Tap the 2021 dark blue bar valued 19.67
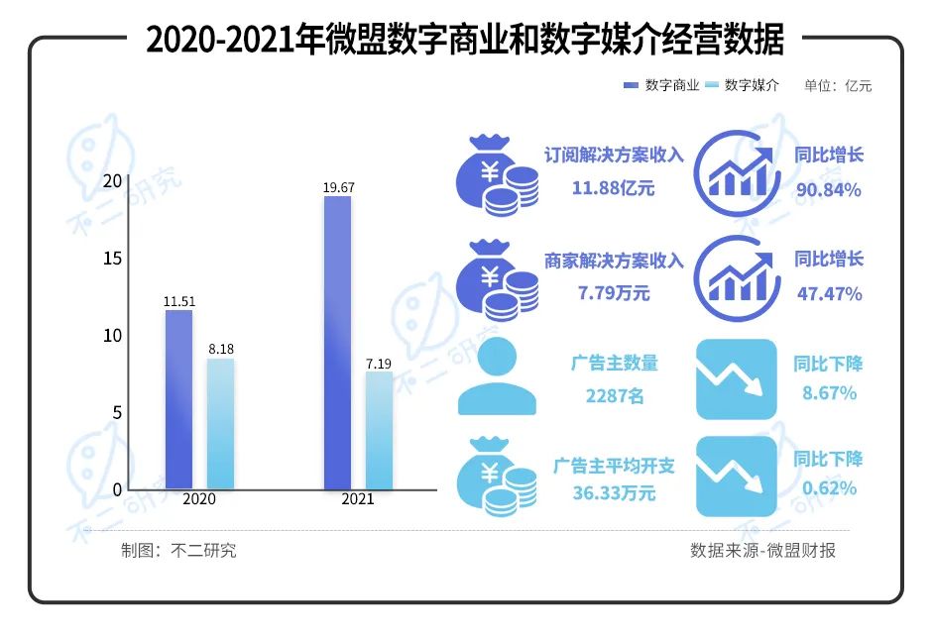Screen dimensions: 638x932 tap(337, 342)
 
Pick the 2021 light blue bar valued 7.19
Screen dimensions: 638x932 tap(379, 431)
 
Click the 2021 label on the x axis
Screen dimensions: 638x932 tap(358, 499)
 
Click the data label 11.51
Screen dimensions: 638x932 tap(178, 298)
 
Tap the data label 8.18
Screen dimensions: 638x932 tap(220, 349)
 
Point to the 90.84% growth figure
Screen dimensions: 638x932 tap(829, 188)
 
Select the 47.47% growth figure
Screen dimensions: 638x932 tap(829, 293)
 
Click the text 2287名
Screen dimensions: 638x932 tap(614, 396)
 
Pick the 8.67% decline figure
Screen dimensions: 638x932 tap(829, 393)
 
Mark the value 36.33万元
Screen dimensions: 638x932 tap(614, 493)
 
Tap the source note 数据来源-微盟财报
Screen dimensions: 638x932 tap(762, 551)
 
